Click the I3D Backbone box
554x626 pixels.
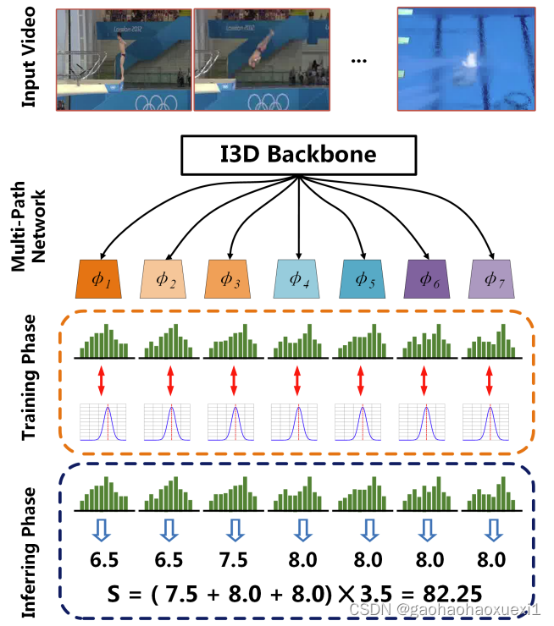(x=298, y=156)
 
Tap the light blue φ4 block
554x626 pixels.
(x=297, y=277)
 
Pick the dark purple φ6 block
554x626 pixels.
(x=428, y=277)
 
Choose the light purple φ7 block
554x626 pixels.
(x=493, y=277)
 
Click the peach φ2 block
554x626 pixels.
(x=166, y=277)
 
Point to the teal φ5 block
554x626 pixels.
(x=363, y=277)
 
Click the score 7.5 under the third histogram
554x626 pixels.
(x=232, y=559)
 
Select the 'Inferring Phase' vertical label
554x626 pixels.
(x=30, y=541)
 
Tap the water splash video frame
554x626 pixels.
(x=466, y=58)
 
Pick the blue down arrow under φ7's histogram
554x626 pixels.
(x=493, y=530)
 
